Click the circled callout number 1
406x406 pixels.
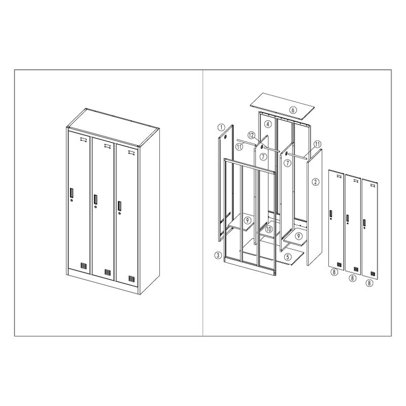(x=221, y=127)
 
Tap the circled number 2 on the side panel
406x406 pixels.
(x=315, y=182)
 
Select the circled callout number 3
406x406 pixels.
(x=218, y=256)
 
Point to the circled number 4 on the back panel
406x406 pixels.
(x=268, y=124)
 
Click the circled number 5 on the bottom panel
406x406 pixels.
(x=288, y=257)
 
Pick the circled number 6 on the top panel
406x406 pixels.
(x=293, y=110)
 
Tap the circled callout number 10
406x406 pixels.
(x=269, y=229)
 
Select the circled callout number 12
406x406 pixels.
(x=251, y=135)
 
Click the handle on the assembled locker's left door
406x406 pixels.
(x=71, y=193)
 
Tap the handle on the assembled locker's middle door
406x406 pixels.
(x=96, y=199)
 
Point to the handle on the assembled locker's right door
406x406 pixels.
(x=119, y=206)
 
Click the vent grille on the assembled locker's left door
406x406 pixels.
(x=83, y=266)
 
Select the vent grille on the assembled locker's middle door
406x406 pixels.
(x=107, y=272)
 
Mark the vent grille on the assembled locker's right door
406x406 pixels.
(x=132, y=279)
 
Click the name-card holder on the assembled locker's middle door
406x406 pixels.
(x=107, y=146)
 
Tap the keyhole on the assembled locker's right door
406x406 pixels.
(x=120, y=213)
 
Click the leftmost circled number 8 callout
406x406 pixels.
(x=334, y=272)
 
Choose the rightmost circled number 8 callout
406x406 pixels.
(x=370, y=283)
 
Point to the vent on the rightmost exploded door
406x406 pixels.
(x=373, y=274)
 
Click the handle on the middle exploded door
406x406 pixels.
(x=348, y=218)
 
